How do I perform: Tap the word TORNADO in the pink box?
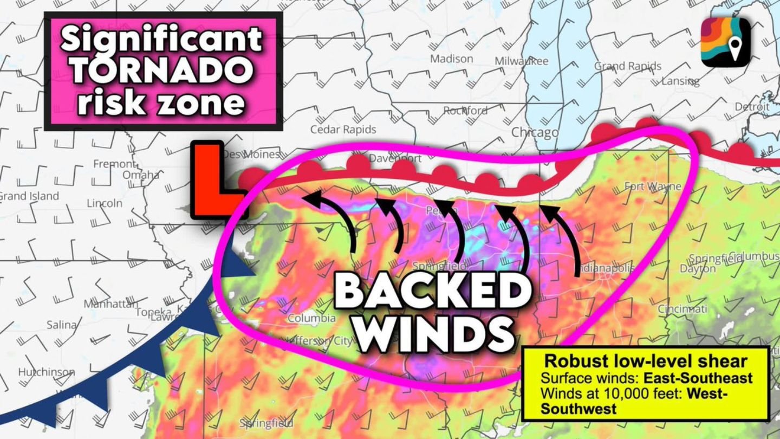coord(162,70)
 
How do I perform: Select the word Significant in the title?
coord(161,40)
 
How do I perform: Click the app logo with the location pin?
coord(726,42)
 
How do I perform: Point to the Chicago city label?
coord(535,133)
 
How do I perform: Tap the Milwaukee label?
coord(521,61)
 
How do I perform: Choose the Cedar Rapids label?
coord(343,130)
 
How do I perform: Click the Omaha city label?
coord(141,175)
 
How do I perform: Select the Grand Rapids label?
coord(628,66)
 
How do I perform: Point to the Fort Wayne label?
coord(653,186)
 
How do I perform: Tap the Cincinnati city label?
coord(682,309)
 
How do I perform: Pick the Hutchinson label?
coord(47,372)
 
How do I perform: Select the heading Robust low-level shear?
coord(646,361)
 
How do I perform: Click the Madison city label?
coord(451,59)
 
